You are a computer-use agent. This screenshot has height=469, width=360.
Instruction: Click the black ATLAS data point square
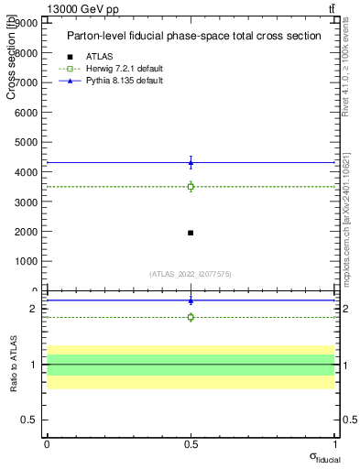[191, 233]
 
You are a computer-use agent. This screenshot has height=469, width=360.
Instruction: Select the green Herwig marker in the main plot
[191, 187]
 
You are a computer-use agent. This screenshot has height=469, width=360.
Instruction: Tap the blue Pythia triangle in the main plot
[191, 163]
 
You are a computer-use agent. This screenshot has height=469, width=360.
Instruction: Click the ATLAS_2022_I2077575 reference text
[190, 274]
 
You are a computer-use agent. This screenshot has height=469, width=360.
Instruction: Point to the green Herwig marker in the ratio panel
[191, 317]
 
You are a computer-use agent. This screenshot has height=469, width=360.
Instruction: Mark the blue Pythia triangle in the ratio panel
[191, 300]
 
